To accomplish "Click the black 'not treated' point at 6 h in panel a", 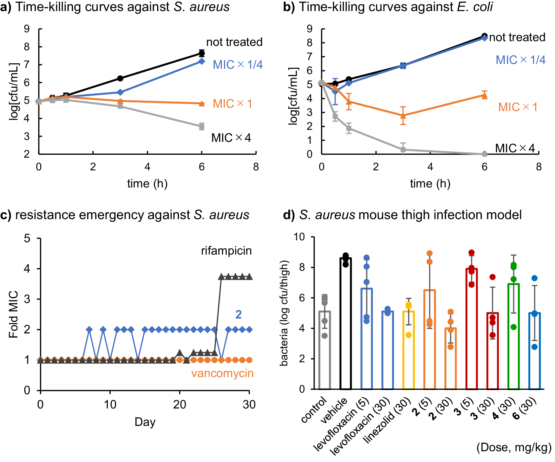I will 202,53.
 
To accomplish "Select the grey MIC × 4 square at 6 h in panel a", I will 202,126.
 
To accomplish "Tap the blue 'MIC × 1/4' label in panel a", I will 238,65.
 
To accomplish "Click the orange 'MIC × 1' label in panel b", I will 518,107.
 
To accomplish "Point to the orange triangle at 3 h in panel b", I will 403,116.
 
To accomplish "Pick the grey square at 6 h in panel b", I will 484,154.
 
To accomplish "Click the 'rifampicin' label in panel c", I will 226,251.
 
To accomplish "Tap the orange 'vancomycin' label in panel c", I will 222,373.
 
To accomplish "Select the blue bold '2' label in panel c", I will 238,314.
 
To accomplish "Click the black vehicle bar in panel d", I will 346,323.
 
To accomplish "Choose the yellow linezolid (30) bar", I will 408,350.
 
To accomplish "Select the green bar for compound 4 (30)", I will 513,336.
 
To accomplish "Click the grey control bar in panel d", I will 325,350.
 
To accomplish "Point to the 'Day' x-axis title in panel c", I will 145,422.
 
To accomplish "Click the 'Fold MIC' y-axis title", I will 13,314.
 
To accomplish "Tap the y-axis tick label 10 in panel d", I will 299,237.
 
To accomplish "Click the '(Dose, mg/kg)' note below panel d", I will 514,447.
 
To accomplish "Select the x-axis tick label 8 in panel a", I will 256,167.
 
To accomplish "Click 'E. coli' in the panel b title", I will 475,7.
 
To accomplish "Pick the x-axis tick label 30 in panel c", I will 249,405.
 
